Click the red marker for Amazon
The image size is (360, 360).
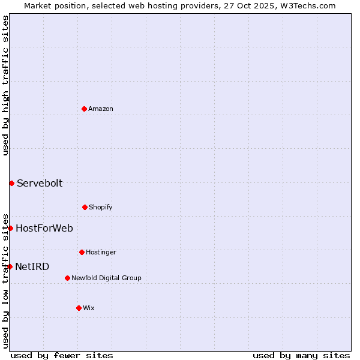(x=84, y=109)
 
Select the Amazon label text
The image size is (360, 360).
(x=101, y=109)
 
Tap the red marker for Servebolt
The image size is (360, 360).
(x=11, y=183)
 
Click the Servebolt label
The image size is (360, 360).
(x=40, y=184)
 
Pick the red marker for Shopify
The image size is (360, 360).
(x=85, y=207)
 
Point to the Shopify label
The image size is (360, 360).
(x=101, y=208)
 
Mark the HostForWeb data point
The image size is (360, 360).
(x=10, y=228)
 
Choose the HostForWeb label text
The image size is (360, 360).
(x=44, y=229)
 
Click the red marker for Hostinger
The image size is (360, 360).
(x=82, y=252)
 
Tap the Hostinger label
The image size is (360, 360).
(x=101, y=253)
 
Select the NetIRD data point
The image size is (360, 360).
(x=10, y=266)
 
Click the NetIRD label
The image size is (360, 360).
(x=32, y=267)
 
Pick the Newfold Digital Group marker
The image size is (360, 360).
(x=67, y=278)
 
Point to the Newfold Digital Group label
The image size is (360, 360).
(x=106, y=278)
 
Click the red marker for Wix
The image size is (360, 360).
(x=79, y=308)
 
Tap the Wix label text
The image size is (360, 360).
(x=89, y=308)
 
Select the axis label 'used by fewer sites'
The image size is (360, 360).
(x=62, y=356)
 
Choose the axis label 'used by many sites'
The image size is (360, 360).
(x=301, y=356)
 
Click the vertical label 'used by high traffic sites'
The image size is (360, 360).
(x=5, y=85)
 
